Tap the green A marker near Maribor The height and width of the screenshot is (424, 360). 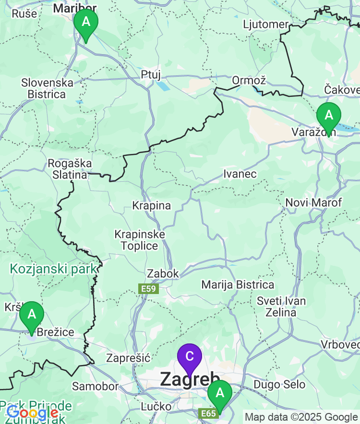pyautogui.click(x=86, y=22)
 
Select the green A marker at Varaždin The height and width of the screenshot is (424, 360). pyautogui.click(x=329, y=116)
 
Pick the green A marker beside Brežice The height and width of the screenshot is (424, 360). pyautogui.click(x=32, y=315)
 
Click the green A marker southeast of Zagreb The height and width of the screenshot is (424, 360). pyautogui.click(x=220, y=394)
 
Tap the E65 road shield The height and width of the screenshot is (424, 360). pyautogui.click(x=208, y=413)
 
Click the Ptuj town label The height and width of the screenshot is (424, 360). pyautogui.click(x=151, y=74)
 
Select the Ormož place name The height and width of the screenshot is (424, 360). pyautogui.click(x=249, y=80)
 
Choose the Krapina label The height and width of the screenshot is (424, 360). pyautogui.click(x=151, y=206)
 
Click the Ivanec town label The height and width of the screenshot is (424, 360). pyautogui.click(x=240, y=174)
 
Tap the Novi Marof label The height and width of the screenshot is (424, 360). pyautogui.click(x=313, y=202)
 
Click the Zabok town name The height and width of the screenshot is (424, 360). pyautogui.click(x=163, y=273)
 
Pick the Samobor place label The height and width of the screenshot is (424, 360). pyautogui.click(x=95, y=386)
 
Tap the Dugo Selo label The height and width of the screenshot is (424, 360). pyautogui.click(x=279, y=384)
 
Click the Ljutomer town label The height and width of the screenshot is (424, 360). pyautogui.click(x=265, y=24)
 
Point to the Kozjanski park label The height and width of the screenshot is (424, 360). pyautogui.click(x=53, y=269)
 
